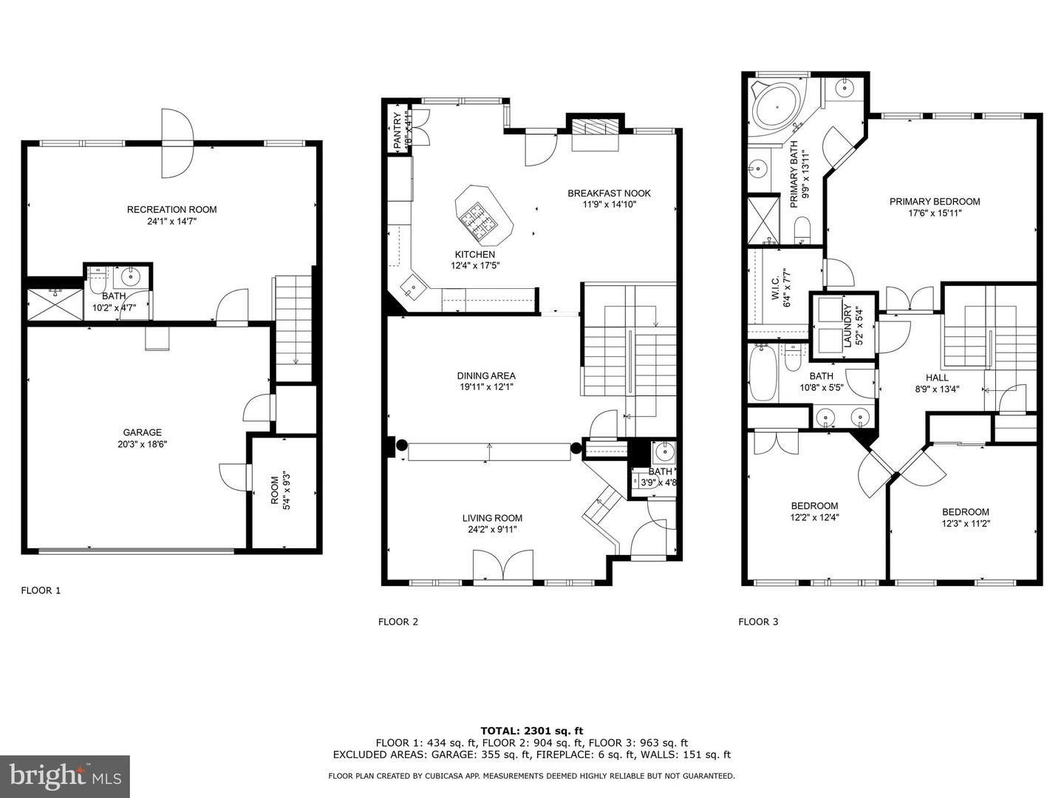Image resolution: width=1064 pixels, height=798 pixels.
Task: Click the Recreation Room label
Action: pos(171,210)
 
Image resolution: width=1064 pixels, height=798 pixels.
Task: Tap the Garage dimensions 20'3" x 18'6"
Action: pos(142,444)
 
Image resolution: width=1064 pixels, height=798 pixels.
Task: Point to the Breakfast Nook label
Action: pos(610,194)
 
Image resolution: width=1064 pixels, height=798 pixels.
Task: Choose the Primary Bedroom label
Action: pos(935,202)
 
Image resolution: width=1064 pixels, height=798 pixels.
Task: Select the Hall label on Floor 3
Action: pos(937,378)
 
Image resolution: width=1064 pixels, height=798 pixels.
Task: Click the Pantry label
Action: pos(397,131)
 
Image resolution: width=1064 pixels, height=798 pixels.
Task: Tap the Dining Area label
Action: pos(486,375)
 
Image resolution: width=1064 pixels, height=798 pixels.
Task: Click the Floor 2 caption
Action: pos(398,621)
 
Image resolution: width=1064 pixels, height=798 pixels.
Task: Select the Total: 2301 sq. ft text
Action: pos(532,731)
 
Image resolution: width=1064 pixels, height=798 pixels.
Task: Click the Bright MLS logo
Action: pos(65,776)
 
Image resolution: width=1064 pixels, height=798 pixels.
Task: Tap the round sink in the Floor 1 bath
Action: pos(130,277)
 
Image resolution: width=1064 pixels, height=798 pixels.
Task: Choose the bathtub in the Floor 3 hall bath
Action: pos(763,372)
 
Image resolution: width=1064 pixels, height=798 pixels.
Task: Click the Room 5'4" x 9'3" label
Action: pos(280,491)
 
